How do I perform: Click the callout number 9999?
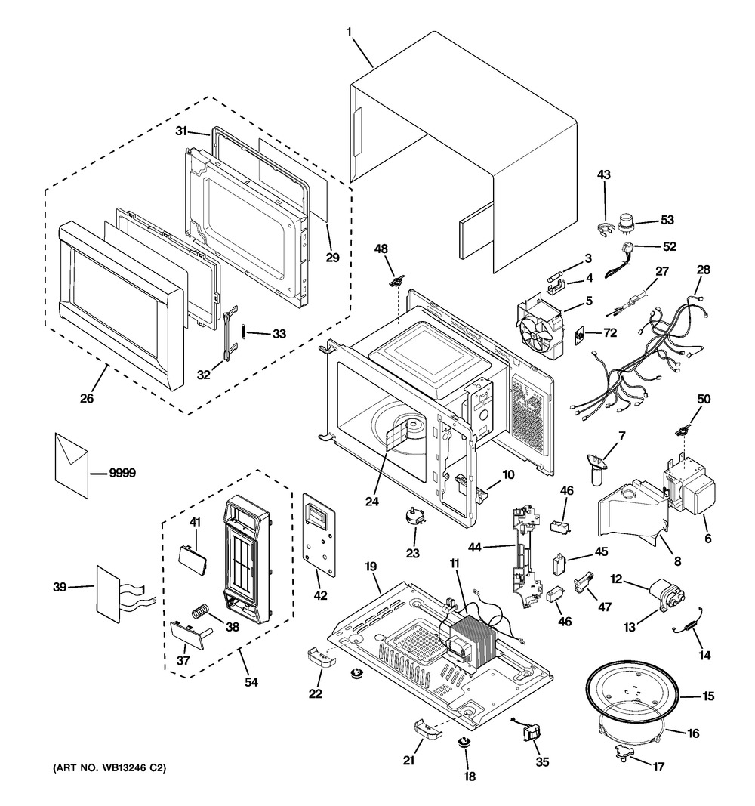click(x=122, y=474)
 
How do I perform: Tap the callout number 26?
click(x=87, y=397)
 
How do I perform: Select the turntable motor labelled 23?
click(x=413, y=517)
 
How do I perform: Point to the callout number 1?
click(x=349, y=32)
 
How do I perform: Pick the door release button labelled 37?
click(x=184, y=632)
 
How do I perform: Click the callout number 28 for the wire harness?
click(x=703, y=270)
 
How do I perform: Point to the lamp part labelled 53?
click(x=625, y=221)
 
